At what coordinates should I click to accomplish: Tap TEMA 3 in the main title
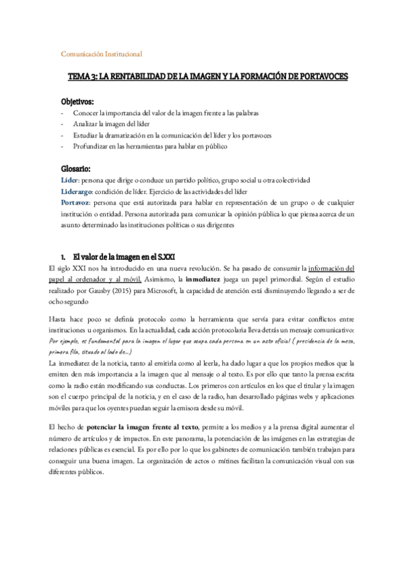pyautogui.click(x=83, y=77)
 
